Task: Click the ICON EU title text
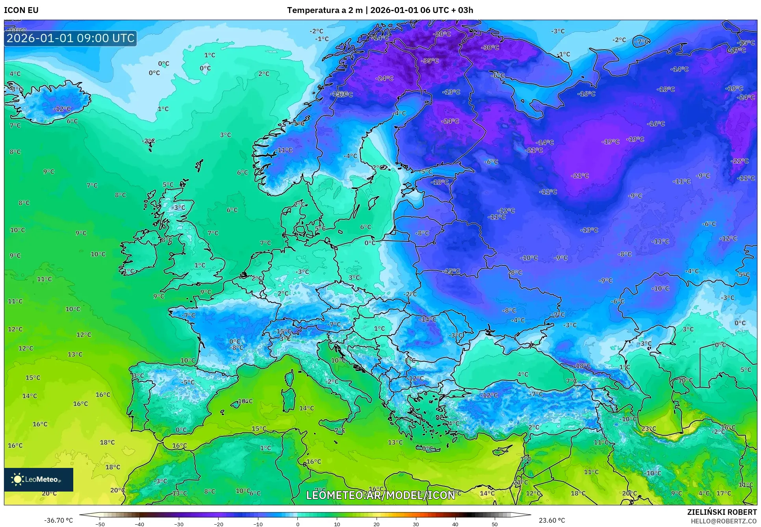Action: (21, 10)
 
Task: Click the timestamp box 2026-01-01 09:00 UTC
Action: (71, 38)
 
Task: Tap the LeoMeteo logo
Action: (39, 479)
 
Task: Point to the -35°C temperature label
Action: (430, 61)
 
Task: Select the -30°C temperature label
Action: (490, 47)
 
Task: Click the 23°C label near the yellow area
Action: (649, 429)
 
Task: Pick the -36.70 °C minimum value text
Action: (58, 520)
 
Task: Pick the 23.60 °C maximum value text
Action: (551, 520)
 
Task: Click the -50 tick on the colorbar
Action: (100, 524)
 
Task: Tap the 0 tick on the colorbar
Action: (297, 524)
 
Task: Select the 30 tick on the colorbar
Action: (416, 524)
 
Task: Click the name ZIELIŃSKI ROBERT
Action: (722, 512)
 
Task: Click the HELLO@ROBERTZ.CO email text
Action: (724, 521)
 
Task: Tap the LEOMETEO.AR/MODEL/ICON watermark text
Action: (380, 495)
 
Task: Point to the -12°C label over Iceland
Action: (62, 109)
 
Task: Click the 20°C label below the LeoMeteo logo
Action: (49, 493)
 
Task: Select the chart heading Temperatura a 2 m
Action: (325, 10)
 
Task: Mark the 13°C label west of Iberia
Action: (75, 354)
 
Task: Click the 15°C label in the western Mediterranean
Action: (259, 429)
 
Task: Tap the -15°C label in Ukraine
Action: (452, 271)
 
